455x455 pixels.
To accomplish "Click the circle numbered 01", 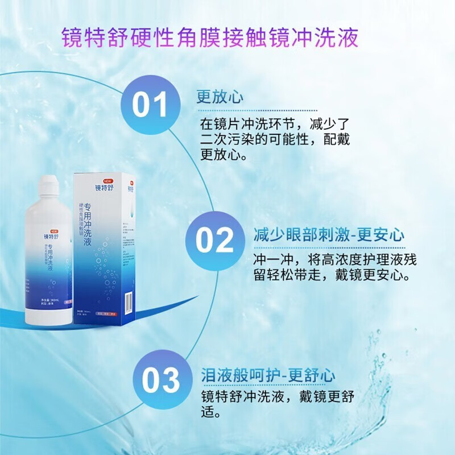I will click(x=150, y=105).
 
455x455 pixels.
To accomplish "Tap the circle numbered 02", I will click(x=215, y=240).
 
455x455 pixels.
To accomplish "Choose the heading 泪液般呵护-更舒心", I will click(x=268, y=375).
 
